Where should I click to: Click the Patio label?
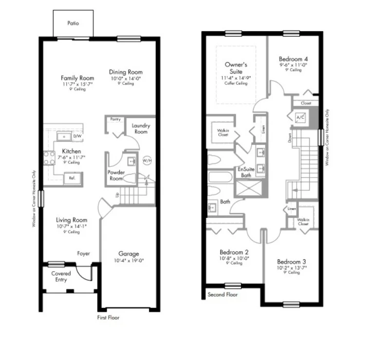pos(73,23)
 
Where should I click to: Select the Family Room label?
pos(77,77)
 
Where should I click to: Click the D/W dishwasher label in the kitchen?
pos(77,137)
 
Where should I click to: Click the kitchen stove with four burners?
pos(50,158)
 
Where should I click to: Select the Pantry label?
pos(115,119)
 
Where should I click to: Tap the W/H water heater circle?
pos(147,160)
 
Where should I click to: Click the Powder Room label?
pos(117,175)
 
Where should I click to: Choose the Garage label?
pos(129,253)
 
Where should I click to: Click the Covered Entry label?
pos(61,276)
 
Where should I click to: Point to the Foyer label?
pos(84,253)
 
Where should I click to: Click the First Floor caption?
pos(107,317)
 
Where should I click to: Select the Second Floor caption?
pos(223,295)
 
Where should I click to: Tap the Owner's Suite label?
pos(236,68)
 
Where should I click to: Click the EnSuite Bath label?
pos(244,172)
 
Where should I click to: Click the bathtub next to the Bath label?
pos(220,177)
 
